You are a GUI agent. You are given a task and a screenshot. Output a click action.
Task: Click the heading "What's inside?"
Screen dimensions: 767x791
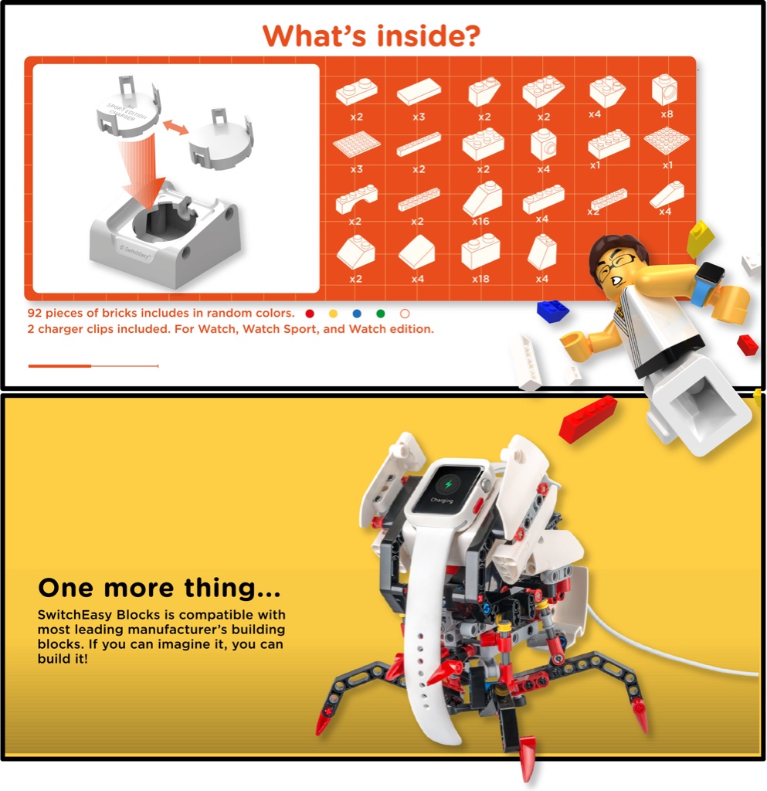[372, 36]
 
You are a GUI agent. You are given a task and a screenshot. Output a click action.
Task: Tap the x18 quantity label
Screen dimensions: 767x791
[480, 278]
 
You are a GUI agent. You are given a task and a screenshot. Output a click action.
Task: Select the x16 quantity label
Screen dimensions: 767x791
[480, 221]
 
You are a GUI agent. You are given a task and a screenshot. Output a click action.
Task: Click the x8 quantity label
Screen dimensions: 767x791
[667, 114]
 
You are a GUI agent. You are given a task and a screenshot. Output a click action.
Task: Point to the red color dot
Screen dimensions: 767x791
[310, 314]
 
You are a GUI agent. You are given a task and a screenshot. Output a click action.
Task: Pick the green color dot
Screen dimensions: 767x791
[381, 314]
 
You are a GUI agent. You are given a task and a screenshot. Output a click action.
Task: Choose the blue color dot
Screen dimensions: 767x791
[357, 314]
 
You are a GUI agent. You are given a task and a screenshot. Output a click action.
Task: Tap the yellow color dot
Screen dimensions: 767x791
[333, 314]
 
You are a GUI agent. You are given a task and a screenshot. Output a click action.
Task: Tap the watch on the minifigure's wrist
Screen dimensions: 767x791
[708, 281]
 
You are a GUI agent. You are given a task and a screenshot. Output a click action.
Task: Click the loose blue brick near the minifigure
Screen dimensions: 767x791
[552, 311]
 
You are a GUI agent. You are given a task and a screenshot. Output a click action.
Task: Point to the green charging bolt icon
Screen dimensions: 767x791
[448, 485]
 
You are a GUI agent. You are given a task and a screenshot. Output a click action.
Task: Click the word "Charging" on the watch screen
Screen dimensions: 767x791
[442, 501]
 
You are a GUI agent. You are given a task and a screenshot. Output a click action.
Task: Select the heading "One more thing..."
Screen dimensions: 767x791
[159, 588]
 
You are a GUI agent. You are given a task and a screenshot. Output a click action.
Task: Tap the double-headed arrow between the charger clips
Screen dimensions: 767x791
[175, 127]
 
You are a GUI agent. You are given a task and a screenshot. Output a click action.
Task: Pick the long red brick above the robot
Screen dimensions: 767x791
[588, 419]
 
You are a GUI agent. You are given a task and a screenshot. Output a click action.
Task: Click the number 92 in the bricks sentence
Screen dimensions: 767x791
[35, 314]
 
